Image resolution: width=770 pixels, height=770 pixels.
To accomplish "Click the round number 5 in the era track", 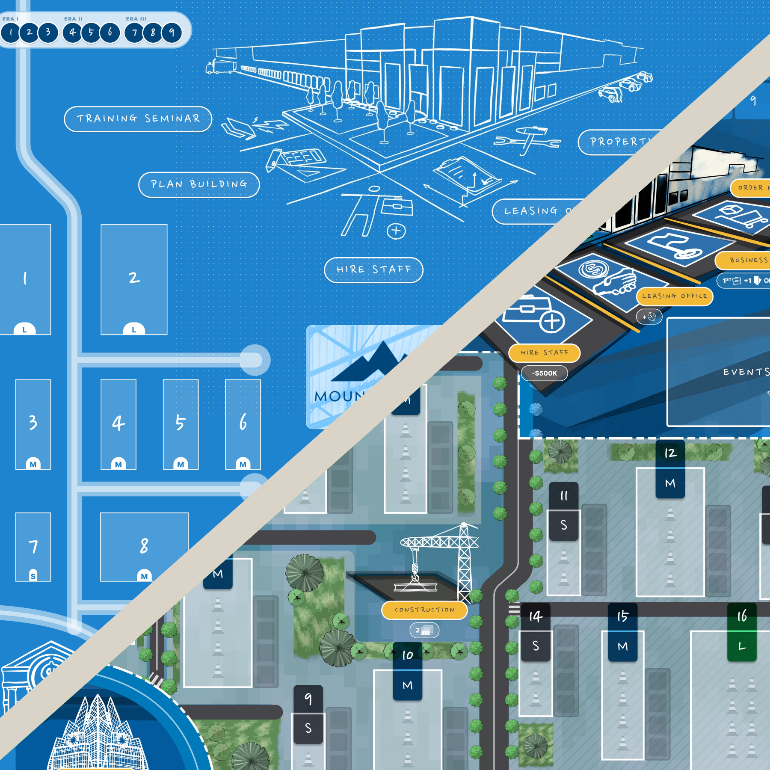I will coord(91,33).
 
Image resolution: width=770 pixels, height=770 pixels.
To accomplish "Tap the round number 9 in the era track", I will coord(172,33).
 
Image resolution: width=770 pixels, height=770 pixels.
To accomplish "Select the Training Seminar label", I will coord(138,119).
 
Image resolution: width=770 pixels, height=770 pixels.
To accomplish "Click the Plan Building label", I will coord(199,185).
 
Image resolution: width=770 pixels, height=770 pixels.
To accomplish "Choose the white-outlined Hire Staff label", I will coord(373,270).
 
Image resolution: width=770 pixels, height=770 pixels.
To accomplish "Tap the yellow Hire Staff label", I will coord(544,353).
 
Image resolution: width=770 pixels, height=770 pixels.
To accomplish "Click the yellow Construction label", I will coord(424,610).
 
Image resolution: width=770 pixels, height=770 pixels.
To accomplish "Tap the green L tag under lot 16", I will coord(742,646).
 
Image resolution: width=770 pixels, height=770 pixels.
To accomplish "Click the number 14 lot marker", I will coord(535,616).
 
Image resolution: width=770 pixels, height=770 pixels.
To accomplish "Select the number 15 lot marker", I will coord(622,616).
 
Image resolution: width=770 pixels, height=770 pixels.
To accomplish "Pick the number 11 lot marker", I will coord(564,496).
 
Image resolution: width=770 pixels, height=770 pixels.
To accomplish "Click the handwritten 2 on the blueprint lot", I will coord(134,278).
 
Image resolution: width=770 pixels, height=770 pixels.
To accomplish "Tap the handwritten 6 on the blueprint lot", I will coord(243,422).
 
